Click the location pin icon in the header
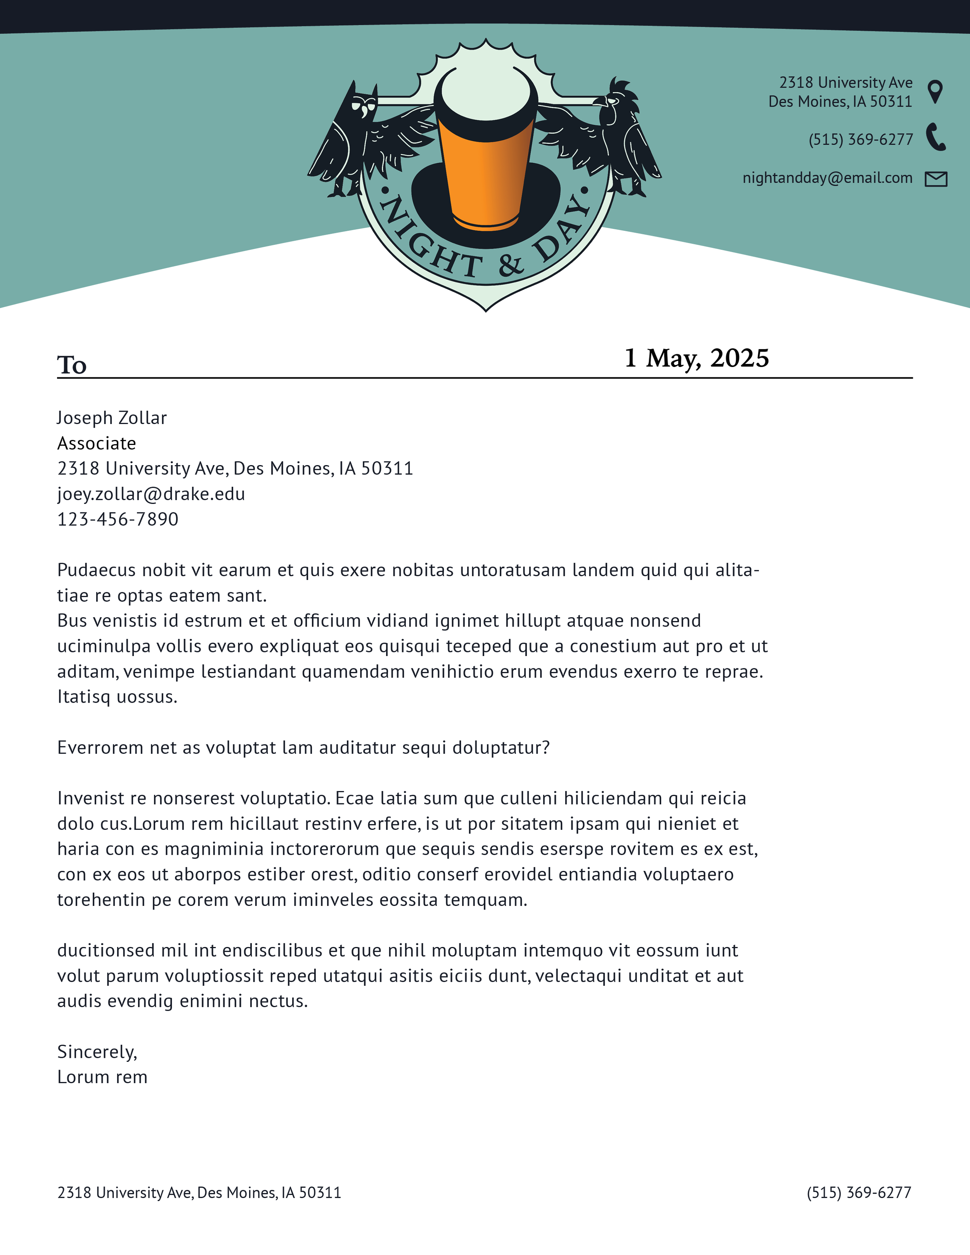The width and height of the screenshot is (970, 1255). click(935, 91)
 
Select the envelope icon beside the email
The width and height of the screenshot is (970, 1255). click(935, 179)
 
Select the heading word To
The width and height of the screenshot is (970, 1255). click(72, 365)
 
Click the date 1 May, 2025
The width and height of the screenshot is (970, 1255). click(696, 358)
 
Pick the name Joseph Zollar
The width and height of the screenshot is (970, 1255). click(112, 418)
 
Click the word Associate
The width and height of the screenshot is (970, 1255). click(97, 443)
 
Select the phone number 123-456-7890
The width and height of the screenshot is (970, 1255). click(118, 519)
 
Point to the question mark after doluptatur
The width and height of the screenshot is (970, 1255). click(546, 747)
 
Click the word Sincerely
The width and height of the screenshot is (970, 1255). click(97, 1052)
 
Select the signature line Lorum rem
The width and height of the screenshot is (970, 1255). click(102, 1077)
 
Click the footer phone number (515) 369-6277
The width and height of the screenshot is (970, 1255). click(859, 1193)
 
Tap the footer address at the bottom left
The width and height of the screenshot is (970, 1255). click(199, 1193)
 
